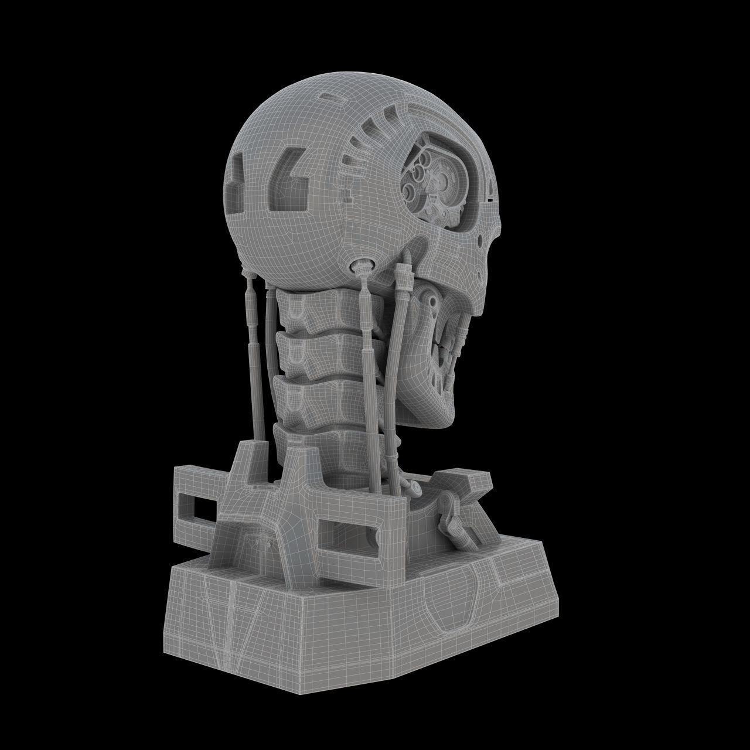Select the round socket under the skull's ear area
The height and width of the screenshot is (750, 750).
pyautogui.click(x=359, y=267)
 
